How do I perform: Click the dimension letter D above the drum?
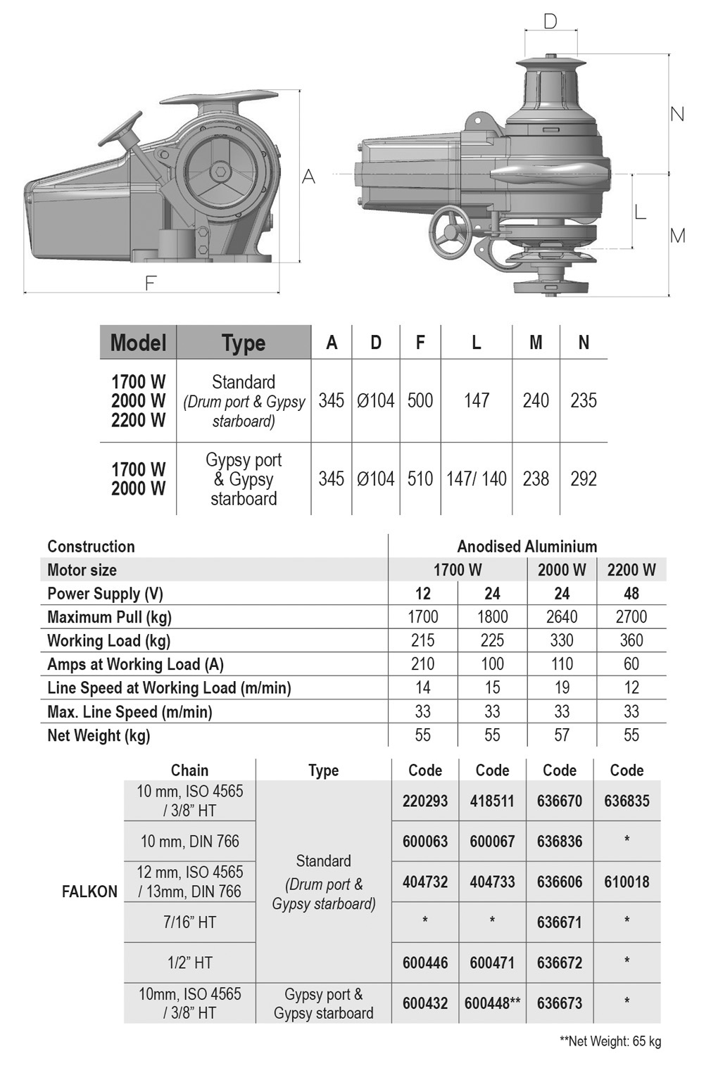pyautogui.click(x=551, y=22)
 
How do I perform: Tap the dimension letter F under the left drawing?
pyautogui.click(x=151, y=283)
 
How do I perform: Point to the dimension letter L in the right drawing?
pyautogui.click(x=640, y=211)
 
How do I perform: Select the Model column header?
pyautogui.click(x=138, y=343)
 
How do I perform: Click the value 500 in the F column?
pyautogui.click(x=420, y=400)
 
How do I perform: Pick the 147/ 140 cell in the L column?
pyautogui.click(x=477, y=478)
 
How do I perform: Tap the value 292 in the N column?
pyautogui.click(x=584, y=478)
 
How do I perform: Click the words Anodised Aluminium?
pyautogui.click(x=527, y=547)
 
